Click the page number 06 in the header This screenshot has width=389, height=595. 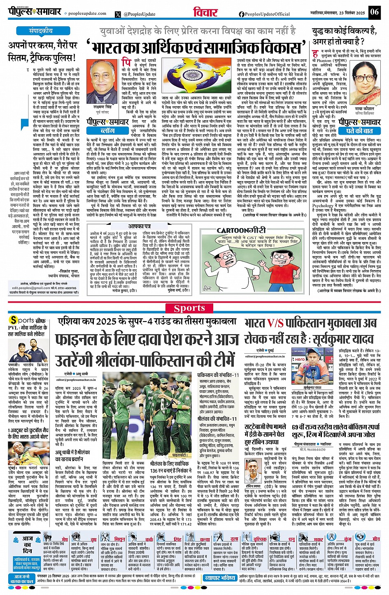pyautogui.click(x=374, y=12)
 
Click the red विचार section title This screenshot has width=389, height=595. pyautogui.click(x=205, y=12)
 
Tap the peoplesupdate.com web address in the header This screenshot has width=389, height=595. pyautogui.click(x=81, y=14)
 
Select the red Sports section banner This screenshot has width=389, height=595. pyautogui.click(x=189, y=308)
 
